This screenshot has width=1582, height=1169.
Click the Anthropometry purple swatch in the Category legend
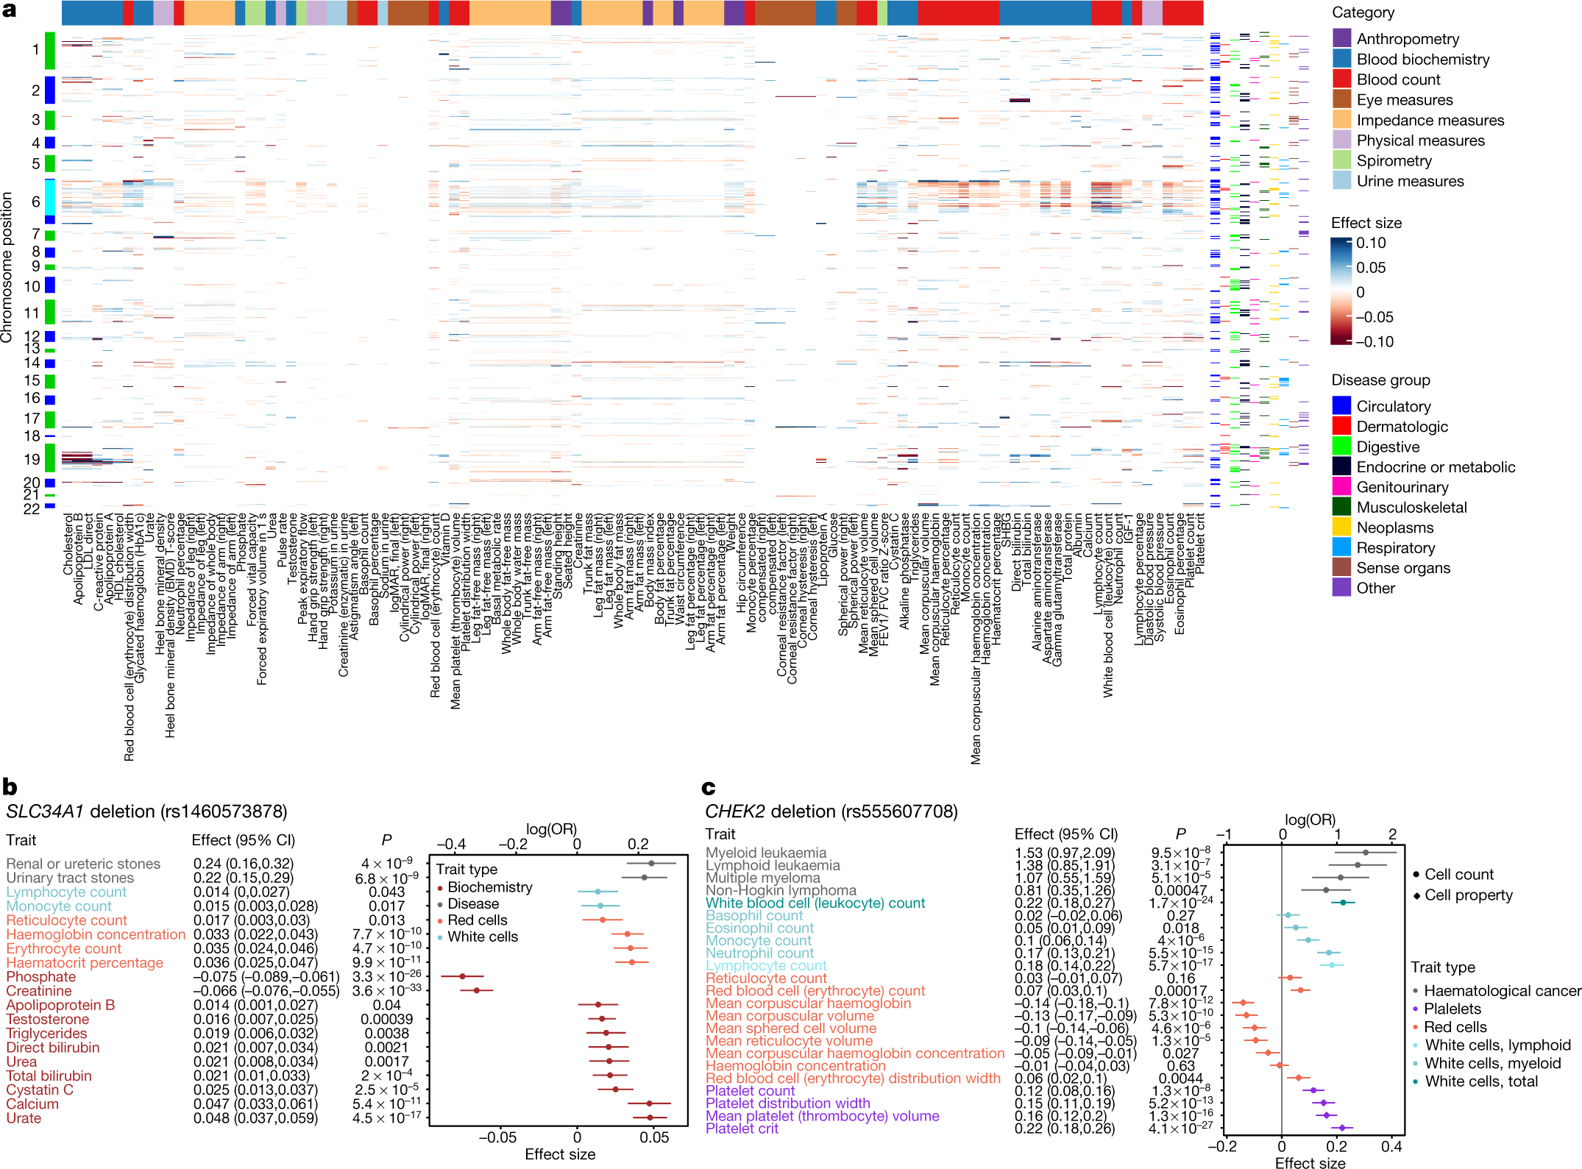1341,38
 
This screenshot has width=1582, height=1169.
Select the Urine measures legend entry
1410,181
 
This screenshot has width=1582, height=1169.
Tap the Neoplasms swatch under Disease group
1341,527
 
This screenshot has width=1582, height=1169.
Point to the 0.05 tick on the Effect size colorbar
1371,268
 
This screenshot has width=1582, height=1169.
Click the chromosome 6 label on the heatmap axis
35,202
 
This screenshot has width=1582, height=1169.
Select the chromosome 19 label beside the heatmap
31,459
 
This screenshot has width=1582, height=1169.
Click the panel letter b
10,786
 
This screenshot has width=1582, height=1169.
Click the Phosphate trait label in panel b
41,977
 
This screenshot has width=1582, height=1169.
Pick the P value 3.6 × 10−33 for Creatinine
387,991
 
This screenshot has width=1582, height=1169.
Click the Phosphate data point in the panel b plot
462,976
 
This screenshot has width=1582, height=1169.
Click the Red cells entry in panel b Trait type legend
477,920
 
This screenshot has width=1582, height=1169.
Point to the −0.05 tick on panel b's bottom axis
497,1137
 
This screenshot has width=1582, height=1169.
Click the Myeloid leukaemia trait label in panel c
765,853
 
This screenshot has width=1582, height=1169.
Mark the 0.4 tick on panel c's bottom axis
1391,1146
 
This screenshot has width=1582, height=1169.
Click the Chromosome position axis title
7,267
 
